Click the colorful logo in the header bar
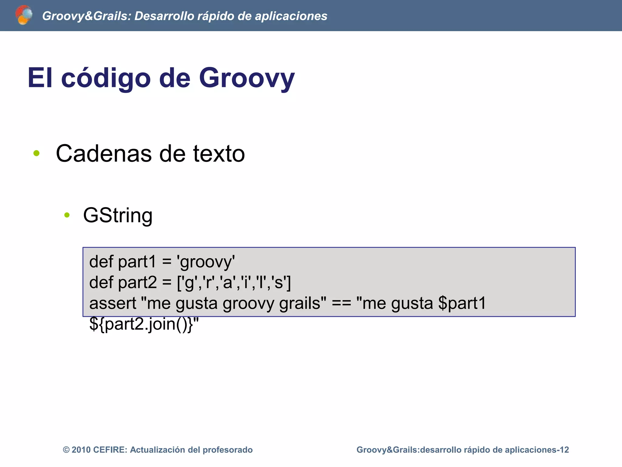[x=24, y=15]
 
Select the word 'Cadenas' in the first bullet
[x=104, y=154]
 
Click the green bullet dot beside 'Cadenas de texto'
[x=36, y=153]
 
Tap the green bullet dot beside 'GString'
[x=67, y=215]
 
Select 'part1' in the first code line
[x=137, y=261]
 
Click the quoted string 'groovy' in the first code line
[x=206, y=262]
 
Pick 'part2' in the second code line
[x=137, y=282]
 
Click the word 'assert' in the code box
[x=113, y=303]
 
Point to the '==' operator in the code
[x=341, y=303]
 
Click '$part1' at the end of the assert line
[x=462, y=303]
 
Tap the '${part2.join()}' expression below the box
[x=141, y=324]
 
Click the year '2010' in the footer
[x=81, y=450]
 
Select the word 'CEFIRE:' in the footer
[x=110, y=450]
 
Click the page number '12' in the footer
[x=564, y=450]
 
